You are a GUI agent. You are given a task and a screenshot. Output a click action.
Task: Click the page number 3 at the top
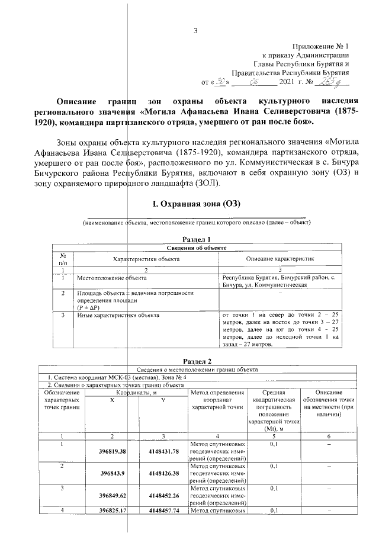[195, 31]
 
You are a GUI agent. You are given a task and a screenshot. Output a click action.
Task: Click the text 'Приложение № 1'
[321, 46]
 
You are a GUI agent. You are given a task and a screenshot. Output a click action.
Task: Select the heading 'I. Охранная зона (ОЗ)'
[195, 204]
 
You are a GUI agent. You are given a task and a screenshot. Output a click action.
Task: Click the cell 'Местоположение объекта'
[112, 277]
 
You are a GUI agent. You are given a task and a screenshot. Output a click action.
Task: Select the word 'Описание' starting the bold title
[75, 100]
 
